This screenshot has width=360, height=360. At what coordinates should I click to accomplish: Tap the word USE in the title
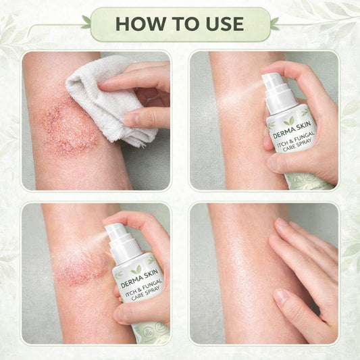224,24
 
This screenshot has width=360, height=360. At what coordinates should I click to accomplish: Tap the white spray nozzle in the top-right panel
279,93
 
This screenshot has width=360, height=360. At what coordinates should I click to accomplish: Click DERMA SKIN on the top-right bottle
292,130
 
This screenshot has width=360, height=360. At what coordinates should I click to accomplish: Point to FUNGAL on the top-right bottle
303,138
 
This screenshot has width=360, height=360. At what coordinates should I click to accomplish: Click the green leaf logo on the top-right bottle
289,121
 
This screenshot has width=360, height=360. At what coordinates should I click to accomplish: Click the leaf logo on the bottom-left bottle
136,269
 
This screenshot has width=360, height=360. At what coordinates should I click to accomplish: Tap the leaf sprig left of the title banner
86,22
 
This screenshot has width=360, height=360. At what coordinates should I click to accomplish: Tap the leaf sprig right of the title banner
275,24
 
